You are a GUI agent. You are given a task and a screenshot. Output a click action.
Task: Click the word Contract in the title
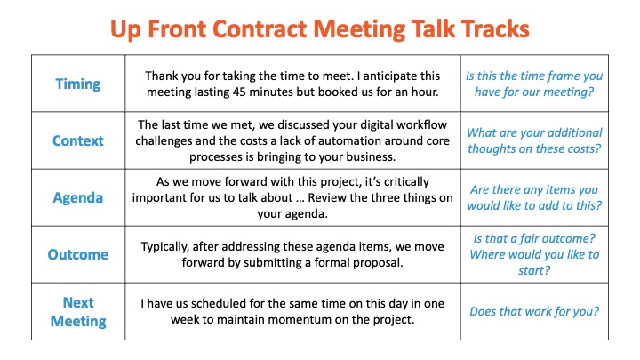pos(260,29)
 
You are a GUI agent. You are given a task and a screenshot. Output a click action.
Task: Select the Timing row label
pos(78,84)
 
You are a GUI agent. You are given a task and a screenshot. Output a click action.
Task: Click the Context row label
pos(78,140)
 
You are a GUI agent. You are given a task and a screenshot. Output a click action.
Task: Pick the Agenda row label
pos(78,198)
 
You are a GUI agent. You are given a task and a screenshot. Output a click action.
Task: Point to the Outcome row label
pos(78,254)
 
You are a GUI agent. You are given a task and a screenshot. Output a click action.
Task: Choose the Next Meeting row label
pos(78,312)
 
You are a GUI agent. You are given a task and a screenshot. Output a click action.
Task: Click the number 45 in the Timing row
pos(240,92)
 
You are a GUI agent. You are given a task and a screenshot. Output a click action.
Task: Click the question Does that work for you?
pos(534,311)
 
